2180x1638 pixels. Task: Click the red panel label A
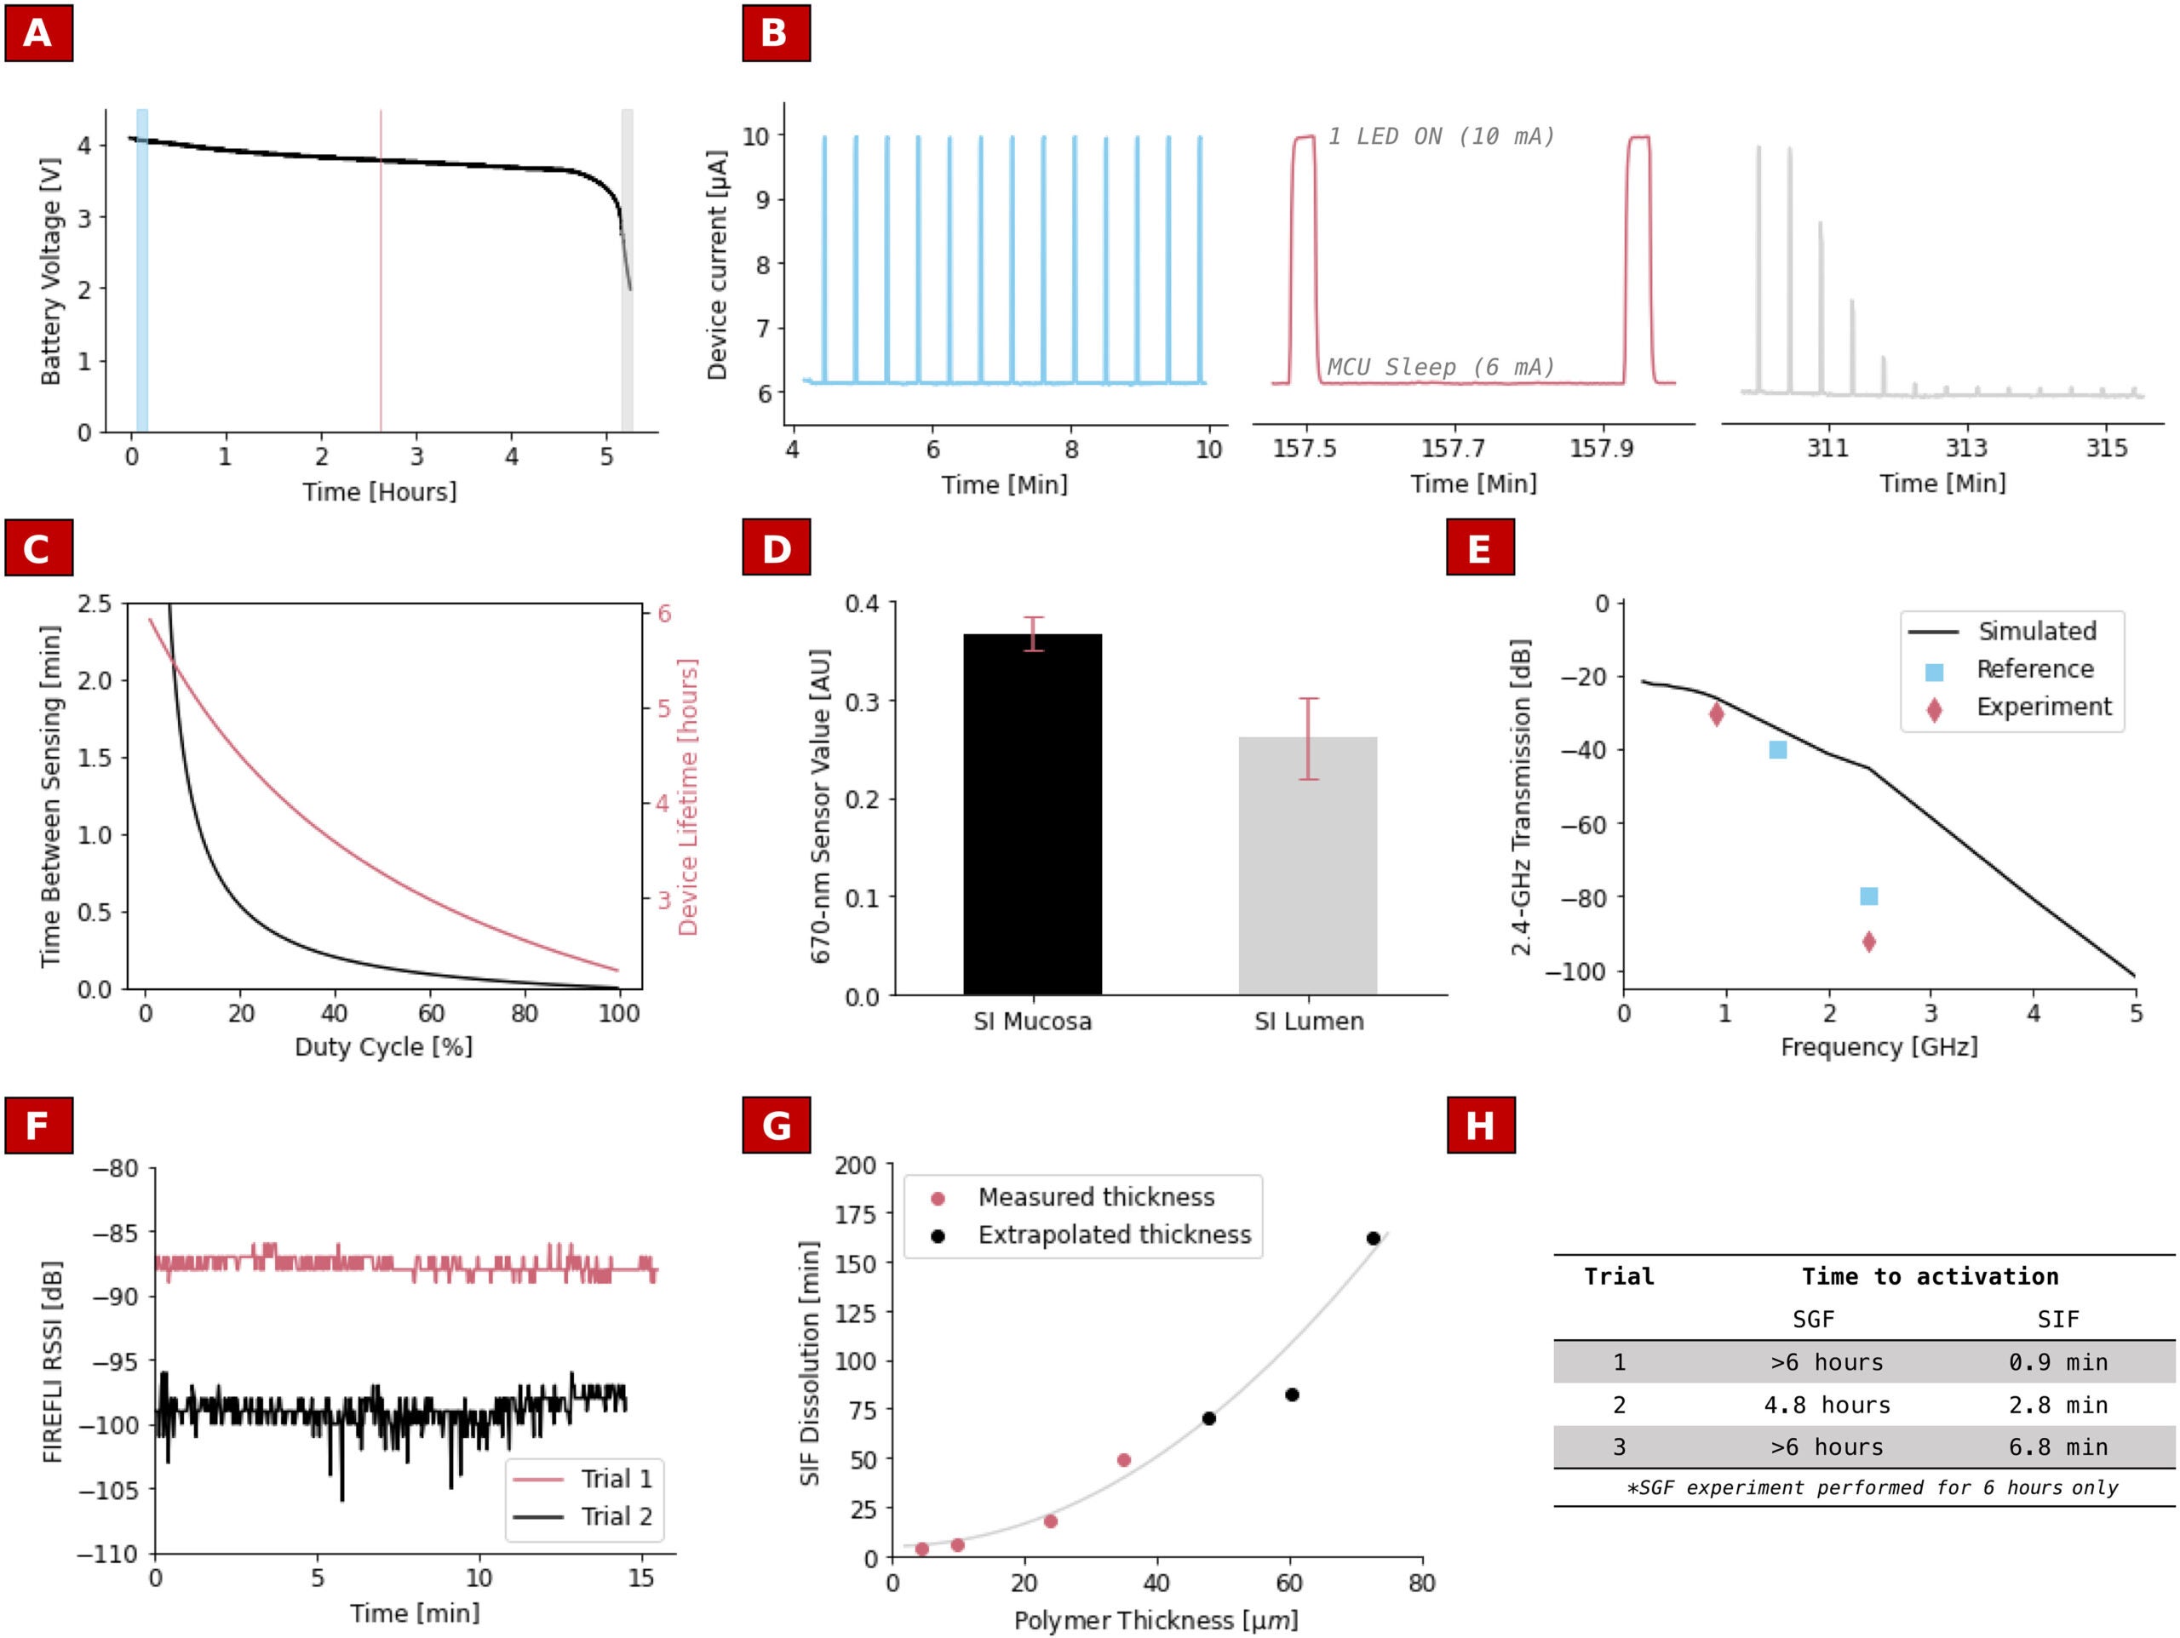(x=38, y=33)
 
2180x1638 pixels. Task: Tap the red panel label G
(x=776, y=1125)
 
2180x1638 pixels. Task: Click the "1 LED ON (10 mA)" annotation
(x=1441, y=137)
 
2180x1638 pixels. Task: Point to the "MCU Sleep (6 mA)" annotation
(x=1441, y=368)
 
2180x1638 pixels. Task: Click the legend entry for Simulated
(x=2036, y=632)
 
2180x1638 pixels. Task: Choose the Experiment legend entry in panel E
(x=2043, y=707)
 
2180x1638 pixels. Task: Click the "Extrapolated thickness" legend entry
(x=1114, y=1235)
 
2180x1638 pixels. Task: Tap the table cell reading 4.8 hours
(x=1827, y=1405)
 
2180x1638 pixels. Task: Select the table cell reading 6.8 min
(x=2057, y=1446)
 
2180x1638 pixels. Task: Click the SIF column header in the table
(x=2057, y=1319)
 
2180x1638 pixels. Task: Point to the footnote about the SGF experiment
(x=1872, y=1487)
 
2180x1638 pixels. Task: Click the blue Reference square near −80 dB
(x=1868, y=896)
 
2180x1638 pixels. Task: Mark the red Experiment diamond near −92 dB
(x=1868, y=942)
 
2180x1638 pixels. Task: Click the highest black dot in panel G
(x=1373, y=1239)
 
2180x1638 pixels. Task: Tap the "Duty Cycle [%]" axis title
(x=383, y=1046)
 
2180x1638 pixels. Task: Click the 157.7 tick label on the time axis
(x=1453, y=450)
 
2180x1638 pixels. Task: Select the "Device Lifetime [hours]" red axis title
(x=688, y=796)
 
